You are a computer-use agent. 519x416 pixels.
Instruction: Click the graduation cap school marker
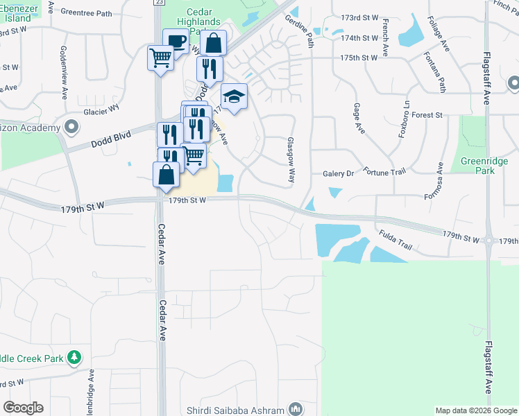(234, 96)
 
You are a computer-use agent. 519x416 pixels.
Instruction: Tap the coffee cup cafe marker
(175, 42)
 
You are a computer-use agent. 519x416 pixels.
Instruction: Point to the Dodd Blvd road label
(111, 140)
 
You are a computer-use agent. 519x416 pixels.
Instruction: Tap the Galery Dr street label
(339, 173)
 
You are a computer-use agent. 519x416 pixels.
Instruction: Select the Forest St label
(427, 115)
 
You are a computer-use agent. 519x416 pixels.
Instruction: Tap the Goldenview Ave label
(62, 65)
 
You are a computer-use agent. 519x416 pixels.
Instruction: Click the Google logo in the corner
(23, 408)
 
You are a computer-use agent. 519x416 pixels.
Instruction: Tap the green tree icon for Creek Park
(74, 358)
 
